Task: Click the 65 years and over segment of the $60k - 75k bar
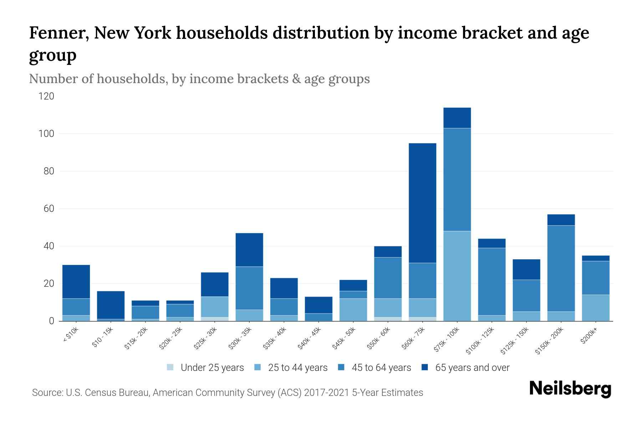click(422, 203)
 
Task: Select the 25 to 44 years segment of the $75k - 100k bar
click(457, 276)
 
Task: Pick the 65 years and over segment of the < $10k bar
click(76, 281)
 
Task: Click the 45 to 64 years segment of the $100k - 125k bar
click(491, 281)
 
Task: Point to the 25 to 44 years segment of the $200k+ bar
click(596, 308)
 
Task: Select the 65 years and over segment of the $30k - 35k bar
click(249, 250)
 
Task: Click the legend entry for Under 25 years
click(205, 368)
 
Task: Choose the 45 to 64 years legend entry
click(374, 368)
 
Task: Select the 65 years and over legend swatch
click(425, 367)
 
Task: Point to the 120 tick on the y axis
click(47, 96)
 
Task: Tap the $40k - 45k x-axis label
click(309, 338)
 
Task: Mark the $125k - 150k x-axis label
click(514, 341)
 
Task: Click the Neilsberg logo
click(570, 389)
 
